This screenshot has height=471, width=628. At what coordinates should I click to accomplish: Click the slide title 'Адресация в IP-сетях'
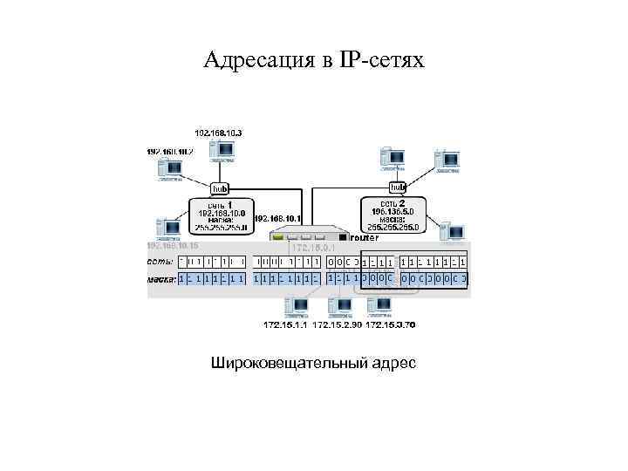click(x=313, y=60)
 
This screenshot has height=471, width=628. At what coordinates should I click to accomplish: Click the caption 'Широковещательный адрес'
click(x=313, y=361)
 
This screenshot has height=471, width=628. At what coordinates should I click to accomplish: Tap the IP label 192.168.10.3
click(x=218, y=133)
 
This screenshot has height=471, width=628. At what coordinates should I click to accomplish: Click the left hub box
click(x=220, y=188)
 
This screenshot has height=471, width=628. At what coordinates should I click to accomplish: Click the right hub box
click(x=398, y=187)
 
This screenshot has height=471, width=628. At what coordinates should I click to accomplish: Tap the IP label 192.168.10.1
click(x=277, y=219)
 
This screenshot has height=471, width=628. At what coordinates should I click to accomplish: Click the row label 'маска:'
click(x=162, y=279)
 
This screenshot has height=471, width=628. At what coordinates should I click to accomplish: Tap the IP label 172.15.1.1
click(x=285, y=325)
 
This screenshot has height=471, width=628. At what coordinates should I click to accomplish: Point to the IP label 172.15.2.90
click(x=337, y=325)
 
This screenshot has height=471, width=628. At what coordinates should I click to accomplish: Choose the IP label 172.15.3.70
click(x=390, y=325)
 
